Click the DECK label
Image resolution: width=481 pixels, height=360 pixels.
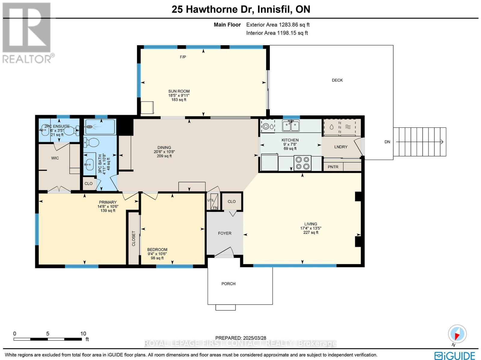[x=337, y=80]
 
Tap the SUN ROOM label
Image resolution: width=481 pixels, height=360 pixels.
[x=179, y=91]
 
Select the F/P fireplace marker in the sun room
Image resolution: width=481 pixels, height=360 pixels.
[x=183, y=57]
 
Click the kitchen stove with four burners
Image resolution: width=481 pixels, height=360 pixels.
[x=302, y=163]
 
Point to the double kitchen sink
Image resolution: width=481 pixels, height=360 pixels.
[x=290, y=125]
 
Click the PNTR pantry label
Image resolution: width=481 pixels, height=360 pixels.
[x=333, y=167]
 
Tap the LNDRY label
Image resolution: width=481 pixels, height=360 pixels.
[x=341, y=147]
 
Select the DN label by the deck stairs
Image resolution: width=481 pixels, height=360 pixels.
[x=387, y=142]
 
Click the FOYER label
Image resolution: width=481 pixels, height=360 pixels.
[x=225, y=233]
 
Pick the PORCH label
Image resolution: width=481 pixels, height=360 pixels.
[x=228, y=284]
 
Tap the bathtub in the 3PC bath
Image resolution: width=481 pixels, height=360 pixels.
[x=100, y=127]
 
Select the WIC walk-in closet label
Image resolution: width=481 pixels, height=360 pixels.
[x=55, y=158]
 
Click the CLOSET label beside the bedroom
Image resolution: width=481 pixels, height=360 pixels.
[x=134, y=238]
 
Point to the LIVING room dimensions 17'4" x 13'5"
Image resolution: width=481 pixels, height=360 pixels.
[x=311, y=228]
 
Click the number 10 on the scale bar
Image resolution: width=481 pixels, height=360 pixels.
[x=83, y=334]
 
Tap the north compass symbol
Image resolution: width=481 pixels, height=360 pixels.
[x=457, y=334]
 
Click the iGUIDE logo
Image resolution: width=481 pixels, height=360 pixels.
[x=455, y=355]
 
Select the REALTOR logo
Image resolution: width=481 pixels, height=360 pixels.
[x=28, y=33]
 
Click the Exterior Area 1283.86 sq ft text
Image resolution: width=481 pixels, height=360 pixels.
[x=278, y=25]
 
